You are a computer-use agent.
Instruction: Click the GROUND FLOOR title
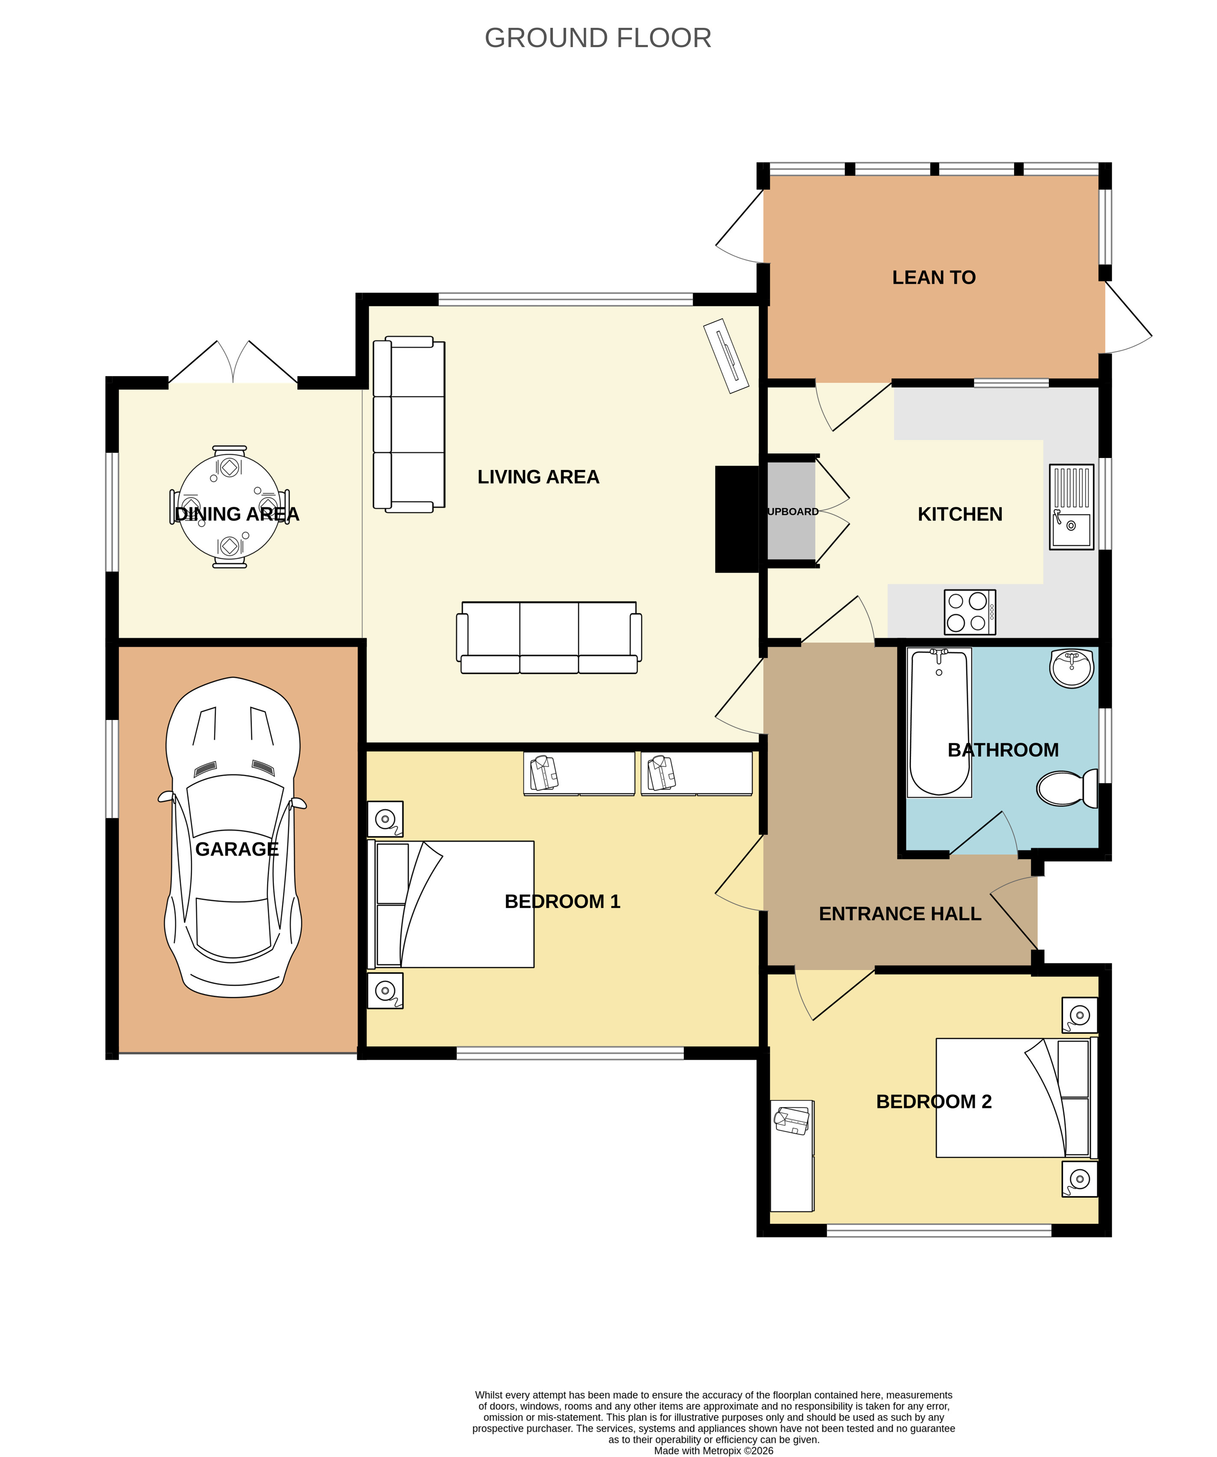(598, 38)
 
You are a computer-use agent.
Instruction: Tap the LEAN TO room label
(933, 277)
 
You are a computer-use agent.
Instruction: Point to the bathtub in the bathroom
(939, 722)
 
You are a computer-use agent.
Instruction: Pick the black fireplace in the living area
(737, 519)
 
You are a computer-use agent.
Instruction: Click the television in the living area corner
(726, 356)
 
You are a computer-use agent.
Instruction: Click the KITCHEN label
(960, 514)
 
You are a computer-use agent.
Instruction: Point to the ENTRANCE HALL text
(900, 914)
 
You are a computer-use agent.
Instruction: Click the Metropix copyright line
(714, 1451)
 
